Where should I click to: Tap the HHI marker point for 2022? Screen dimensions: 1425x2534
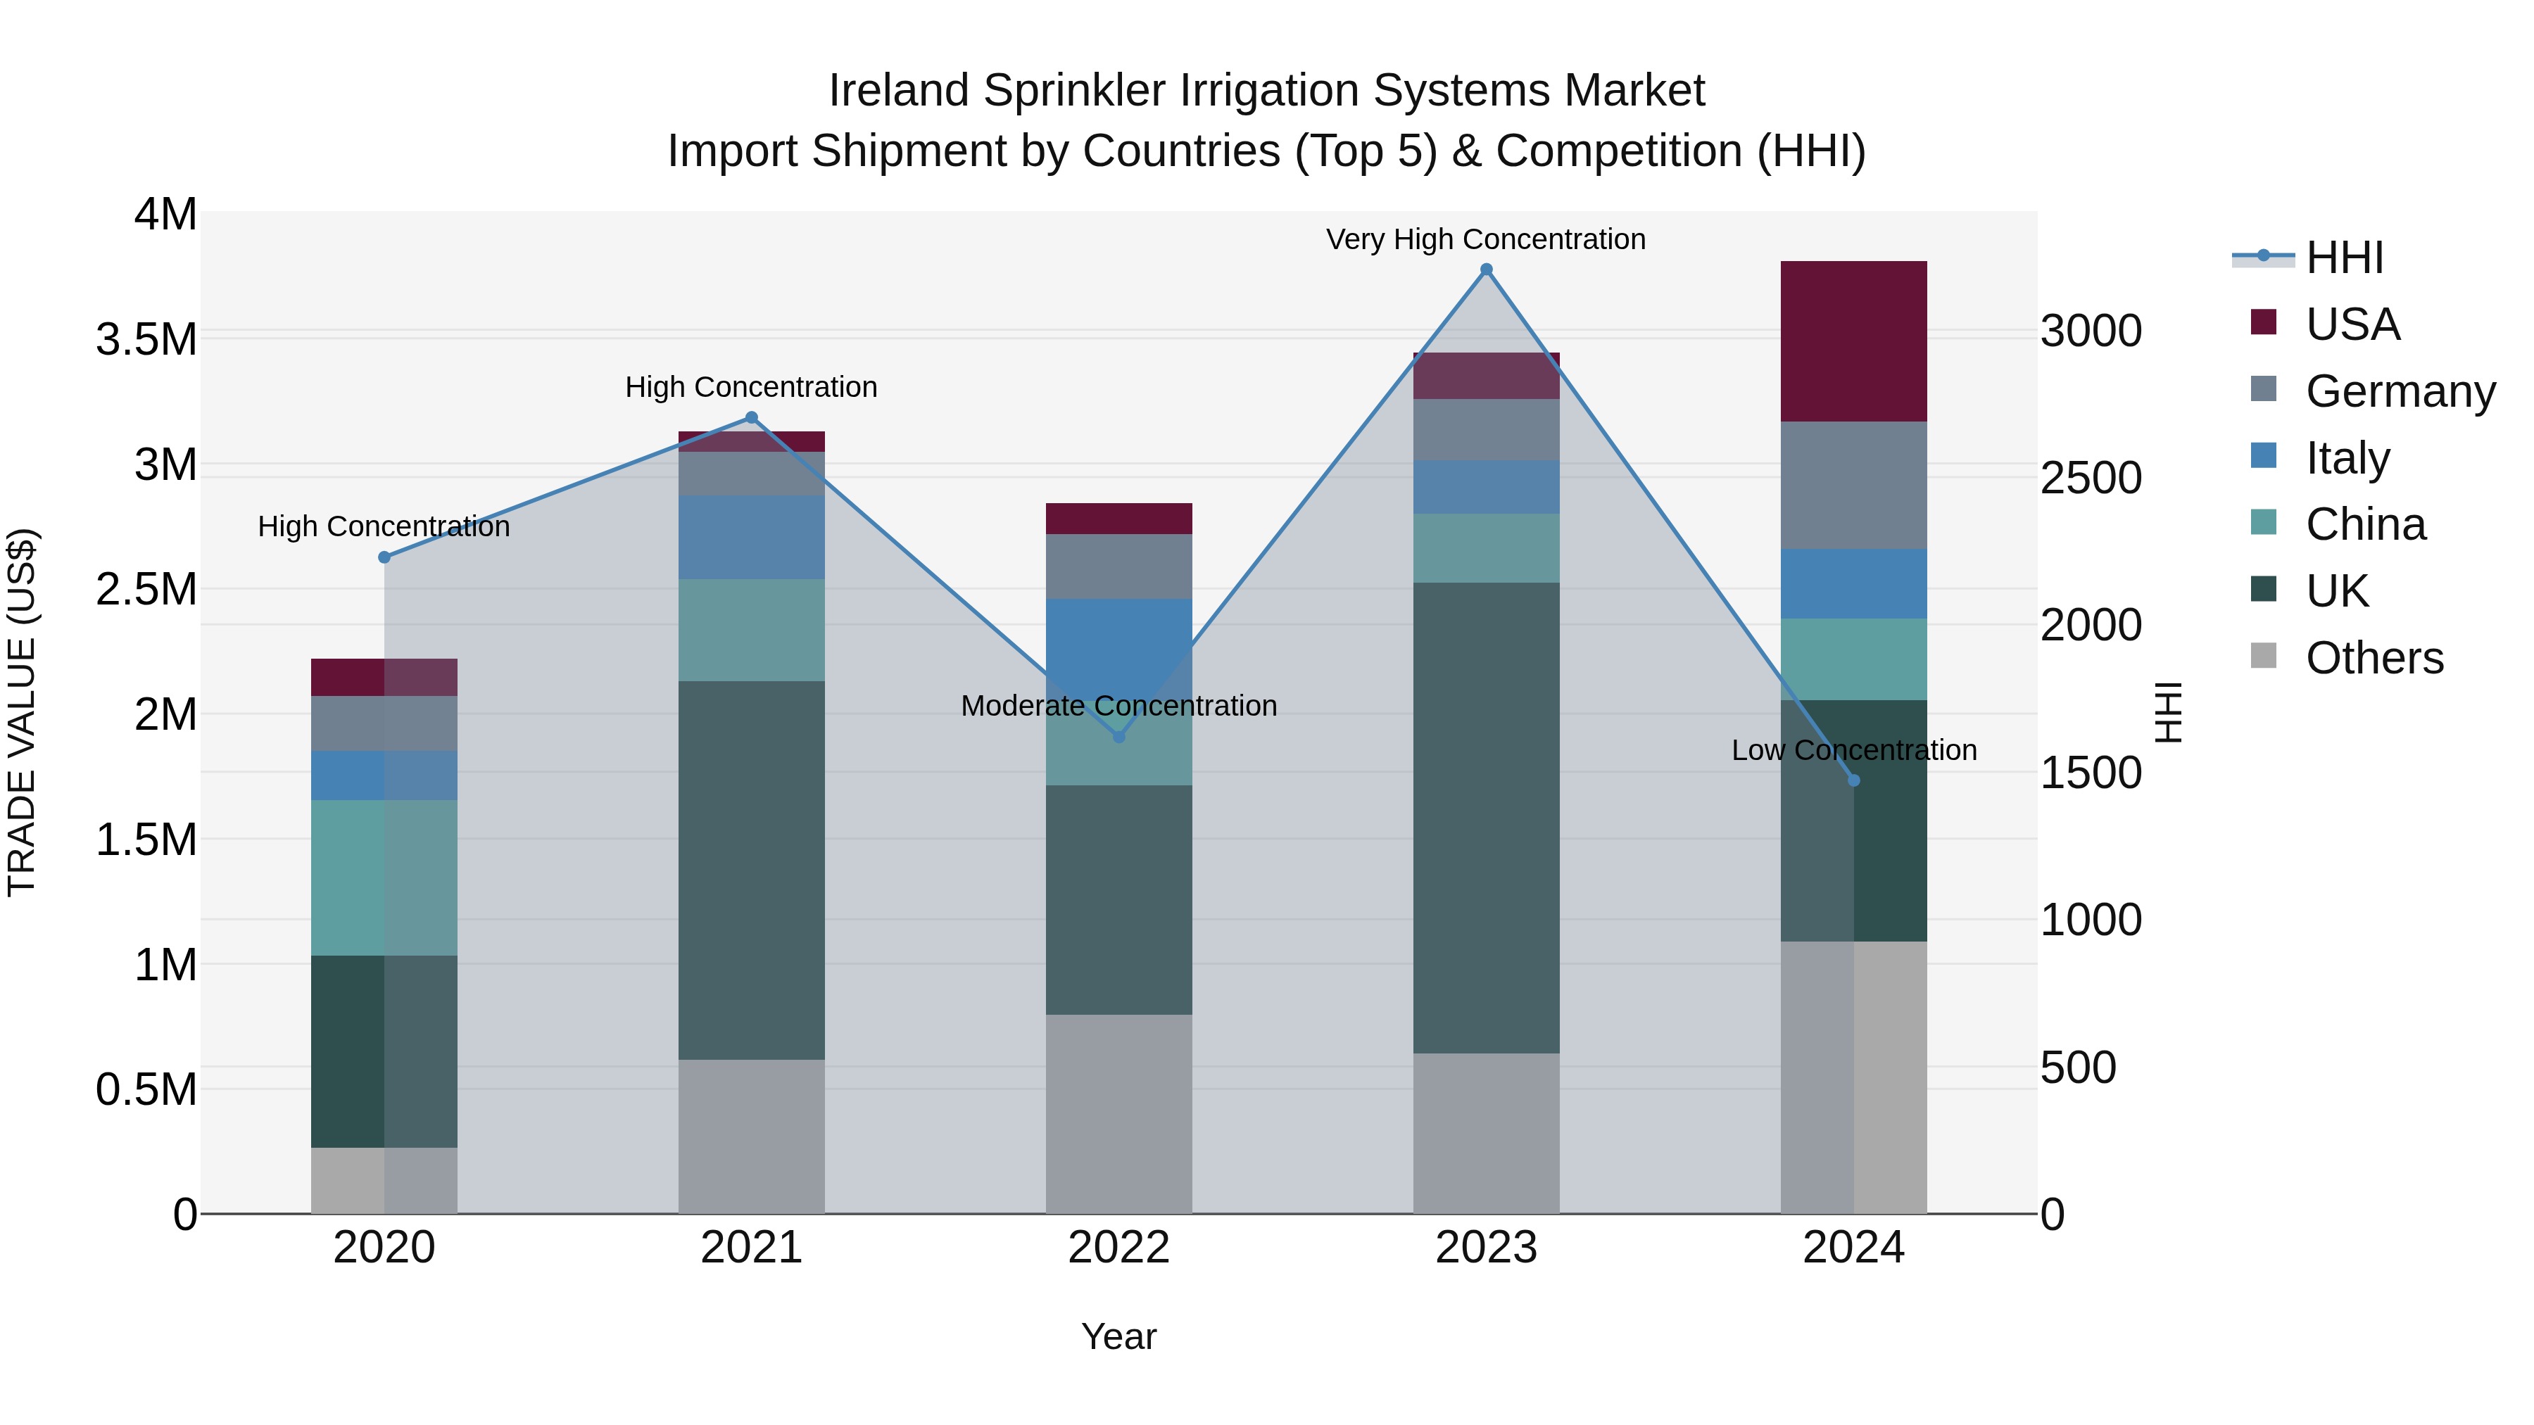point(1118,737)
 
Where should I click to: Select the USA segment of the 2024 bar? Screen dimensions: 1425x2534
point(1853,341)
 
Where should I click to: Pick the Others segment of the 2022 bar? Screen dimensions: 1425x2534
point(1118,1113)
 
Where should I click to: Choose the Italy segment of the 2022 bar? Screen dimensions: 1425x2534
point(1118,639)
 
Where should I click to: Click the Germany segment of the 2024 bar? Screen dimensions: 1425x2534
point(1853,485)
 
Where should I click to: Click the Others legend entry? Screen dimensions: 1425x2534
point(2373,658)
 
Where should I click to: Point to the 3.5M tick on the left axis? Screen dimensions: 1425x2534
point(146,339)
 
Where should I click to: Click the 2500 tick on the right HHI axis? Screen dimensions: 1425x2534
point(2091,478)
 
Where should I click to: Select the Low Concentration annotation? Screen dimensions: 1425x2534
point(1853,750)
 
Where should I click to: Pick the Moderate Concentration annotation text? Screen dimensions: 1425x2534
point(1118,706)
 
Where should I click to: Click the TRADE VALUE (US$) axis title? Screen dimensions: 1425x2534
point(22,712)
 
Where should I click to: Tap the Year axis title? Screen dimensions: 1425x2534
point(1118,1336)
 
